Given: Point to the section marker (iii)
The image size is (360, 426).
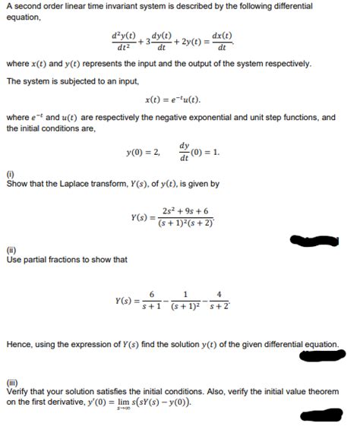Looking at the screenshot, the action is [12, 381].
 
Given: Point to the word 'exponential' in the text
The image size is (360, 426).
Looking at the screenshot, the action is [221, 118].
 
